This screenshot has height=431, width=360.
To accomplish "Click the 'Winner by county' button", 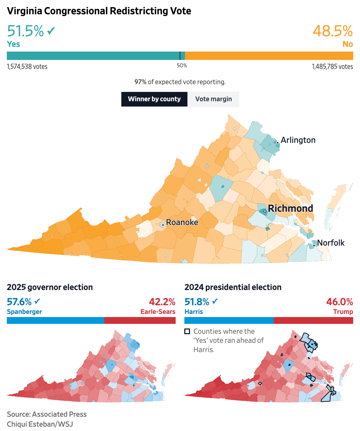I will click(x=154, y=99).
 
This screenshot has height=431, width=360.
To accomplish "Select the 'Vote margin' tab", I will click(x=214, y=99).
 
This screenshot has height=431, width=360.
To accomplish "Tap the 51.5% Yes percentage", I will click(x=25, y=31).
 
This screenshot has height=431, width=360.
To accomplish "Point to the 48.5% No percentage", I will click(x=332, y=31).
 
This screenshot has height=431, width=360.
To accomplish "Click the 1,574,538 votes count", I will click(x=27, y=66).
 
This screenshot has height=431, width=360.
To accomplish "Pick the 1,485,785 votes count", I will click(x=332, y=66).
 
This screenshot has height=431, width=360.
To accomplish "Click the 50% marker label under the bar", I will click(x=182, y=66).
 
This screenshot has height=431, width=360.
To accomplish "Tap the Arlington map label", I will click(x=298, y=140).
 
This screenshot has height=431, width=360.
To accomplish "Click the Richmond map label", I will click(x=290, y=208).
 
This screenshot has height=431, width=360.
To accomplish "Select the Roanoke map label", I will click(x=182, y=222).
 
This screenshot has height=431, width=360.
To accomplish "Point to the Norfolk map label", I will click(x=331, y=243).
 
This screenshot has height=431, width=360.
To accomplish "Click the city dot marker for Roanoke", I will click(x=163, y=225).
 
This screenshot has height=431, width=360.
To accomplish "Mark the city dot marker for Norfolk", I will click(x=314, y=246).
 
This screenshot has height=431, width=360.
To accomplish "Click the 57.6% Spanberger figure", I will click(x=19, y=302).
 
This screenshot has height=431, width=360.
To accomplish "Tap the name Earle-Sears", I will click(x=158, y=312).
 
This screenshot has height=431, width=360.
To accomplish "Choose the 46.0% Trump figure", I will click(x=340, y=302).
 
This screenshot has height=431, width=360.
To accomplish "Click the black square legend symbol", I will click(x=187, y=331).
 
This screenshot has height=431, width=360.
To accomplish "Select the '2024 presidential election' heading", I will click(x=233, y=287).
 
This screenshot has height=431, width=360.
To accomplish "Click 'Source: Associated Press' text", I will click(x=47, y=414).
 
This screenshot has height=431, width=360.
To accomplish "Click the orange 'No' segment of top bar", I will click(x=269, y=56).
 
